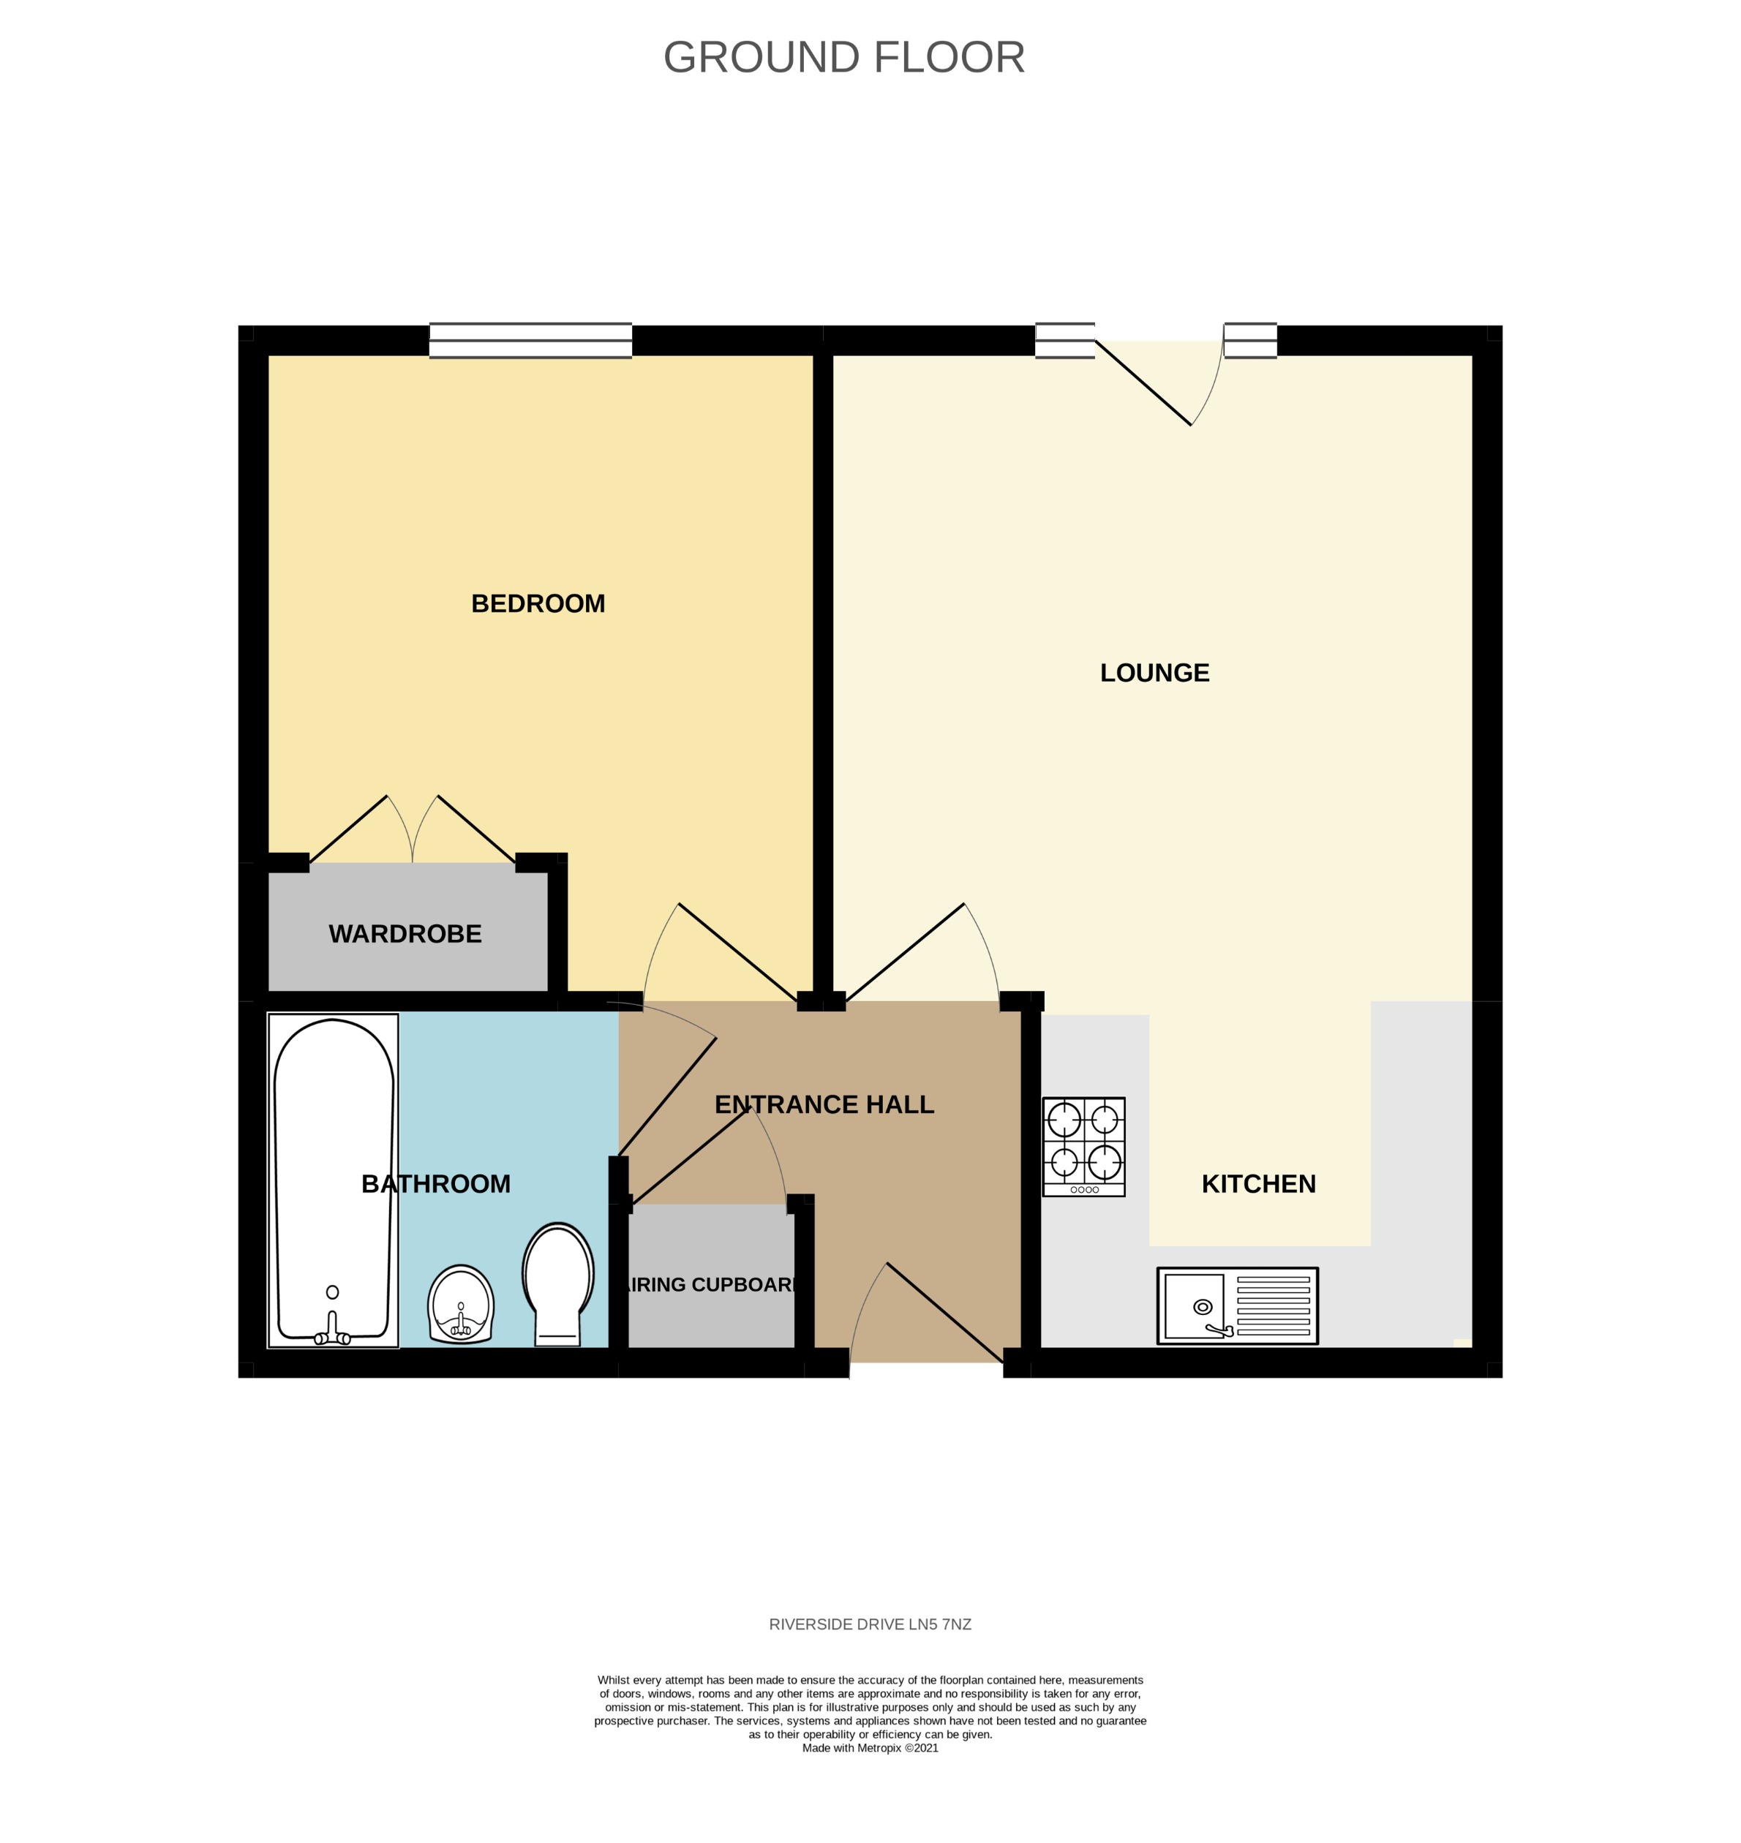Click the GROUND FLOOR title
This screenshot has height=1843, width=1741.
[843, 58]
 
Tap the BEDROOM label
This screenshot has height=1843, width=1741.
[538, 603]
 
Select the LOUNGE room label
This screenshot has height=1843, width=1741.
[1154, 673]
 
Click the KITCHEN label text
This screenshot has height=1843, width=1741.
[1257, 1184]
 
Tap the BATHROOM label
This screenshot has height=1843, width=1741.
[435, 1184]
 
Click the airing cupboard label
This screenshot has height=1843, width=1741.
[711, 1284]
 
